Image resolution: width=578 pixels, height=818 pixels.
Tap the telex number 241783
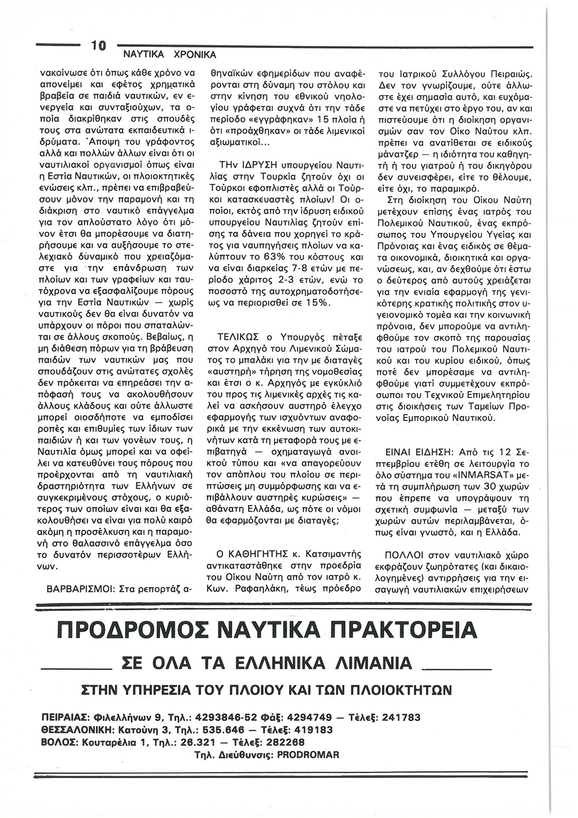coord(397,717)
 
